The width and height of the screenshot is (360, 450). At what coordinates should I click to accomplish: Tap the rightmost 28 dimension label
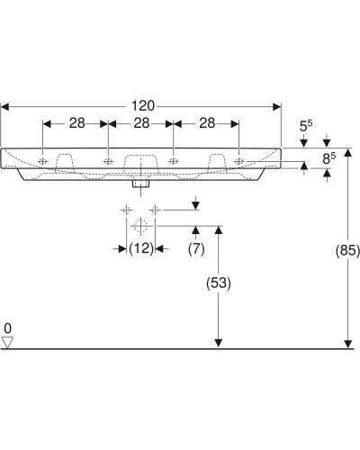click(x=205, y=123)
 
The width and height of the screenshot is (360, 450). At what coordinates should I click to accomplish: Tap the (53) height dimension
click(x=219, y=283)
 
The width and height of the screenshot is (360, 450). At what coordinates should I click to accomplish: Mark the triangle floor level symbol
click(x=8, y=342)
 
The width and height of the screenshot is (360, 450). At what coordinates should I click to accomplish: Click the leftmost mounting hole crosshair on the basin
click(x=43, y=162)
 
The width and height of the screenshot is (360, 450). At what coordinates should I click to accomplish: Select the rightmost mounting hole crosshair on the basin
click(x=238, y=162)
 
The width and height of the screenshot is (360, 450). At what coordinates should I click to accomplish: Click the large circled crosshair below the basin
click(x=140, y=225)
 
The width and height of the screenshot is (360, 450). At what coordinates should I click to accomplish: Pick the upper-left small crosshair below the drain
click(x=124, y=210)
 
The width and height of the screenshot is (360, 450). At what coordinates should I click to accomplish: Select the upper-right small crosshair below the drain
click(x=156, y=210)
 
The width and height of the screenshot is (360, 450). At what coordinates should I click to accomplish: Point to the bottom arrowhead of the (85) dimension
click(x=347, y=344)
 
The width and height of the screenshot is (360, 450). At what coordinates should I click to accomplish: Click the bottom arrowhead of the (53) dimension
click(x=218, y=344)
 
